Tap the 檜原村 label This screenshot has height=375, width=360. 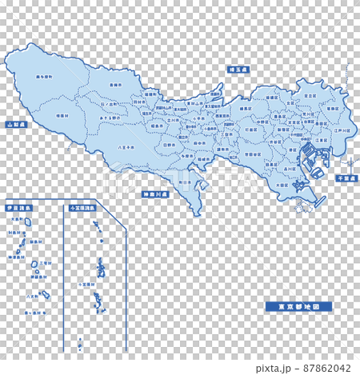(x=62, y=116)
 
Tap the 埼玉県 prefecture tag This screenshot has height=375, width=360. (x=237, y=70)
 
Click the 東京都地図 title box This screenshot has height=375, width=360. (x=298, y=306)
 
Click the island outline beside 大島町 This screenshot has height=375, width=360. (x=28, y=222)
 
